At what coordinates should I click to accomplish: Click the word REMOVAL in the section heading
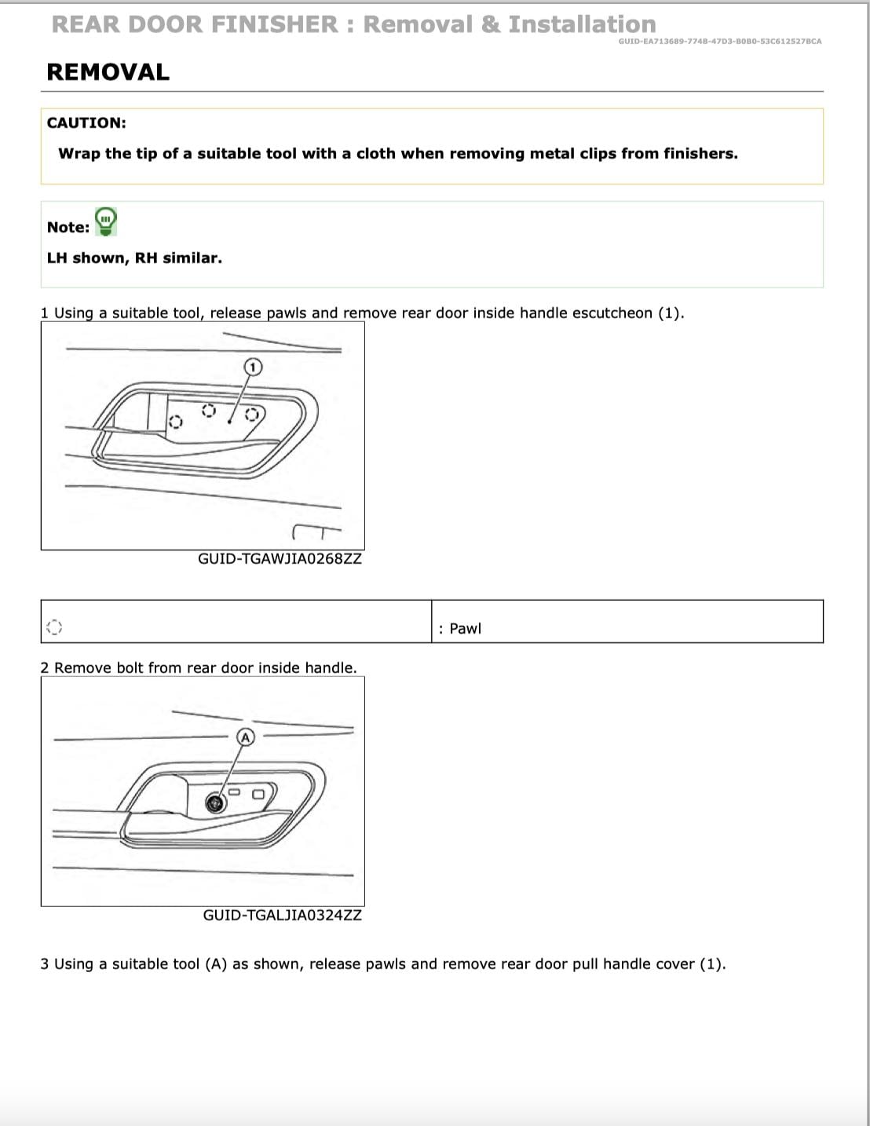coord(108,72)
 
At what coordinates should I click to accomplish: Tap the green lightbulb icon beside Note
coord(105,221)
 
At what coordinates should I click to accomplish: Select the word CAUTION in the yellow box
coord(86,122)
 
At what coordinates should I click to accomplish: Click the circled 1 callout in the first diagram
coord(252,367)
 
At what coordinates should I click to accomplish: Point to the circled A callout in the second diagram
coord(246,737)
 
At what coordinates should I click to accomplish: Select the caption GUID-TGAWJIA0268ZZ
coord(280,559)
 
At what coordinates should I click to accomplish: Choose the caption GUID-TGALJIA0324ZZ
coord(282,915)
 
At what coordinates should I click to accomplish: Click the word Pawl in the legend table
coord(465,628)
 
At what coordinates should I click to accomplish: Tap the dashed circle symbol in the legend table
coord(53,627)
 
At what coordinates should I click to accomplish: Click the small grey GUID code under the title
coord(719,41)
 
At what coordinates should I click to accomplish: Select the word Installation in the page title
coord(582,24)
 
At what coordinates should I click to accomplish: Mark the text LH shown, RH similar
coord(134,258)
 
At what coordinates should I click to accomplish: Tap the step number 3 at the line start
coord(45,963)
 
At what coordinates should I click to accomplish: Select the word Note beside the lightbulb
coord(68,227)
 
